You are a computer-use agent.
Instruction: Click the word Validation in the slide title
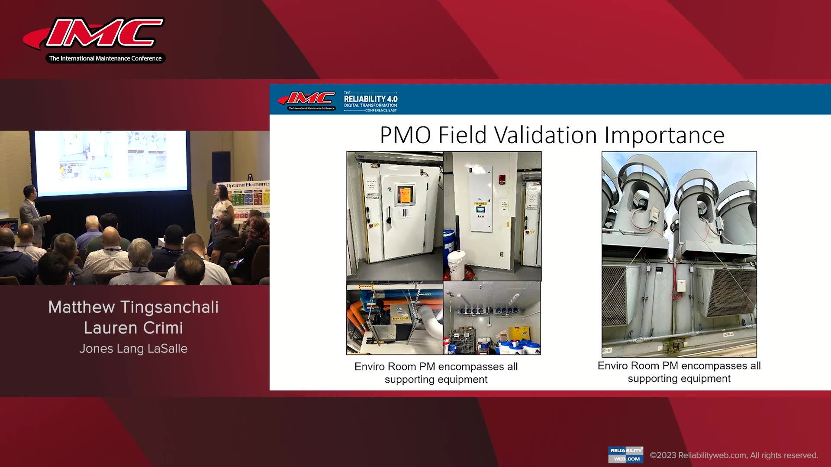[548, 135]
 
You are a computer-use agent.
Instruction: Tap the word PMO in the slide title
[405, 135]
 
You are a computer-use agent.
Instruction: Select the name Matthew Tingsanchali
[133, 307]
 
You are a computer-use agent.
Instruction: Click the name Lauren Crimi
[133, 328]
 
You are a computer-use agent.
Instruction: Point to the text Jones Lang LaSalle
[133, 349]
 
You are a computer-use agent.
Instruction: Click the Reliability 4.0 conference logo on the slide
[370, 101]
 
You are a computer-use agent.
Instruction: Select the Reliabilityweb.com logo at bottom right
[625, 454]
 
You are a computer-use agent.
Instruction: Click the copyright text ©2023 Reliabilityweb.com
[734, 455]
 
